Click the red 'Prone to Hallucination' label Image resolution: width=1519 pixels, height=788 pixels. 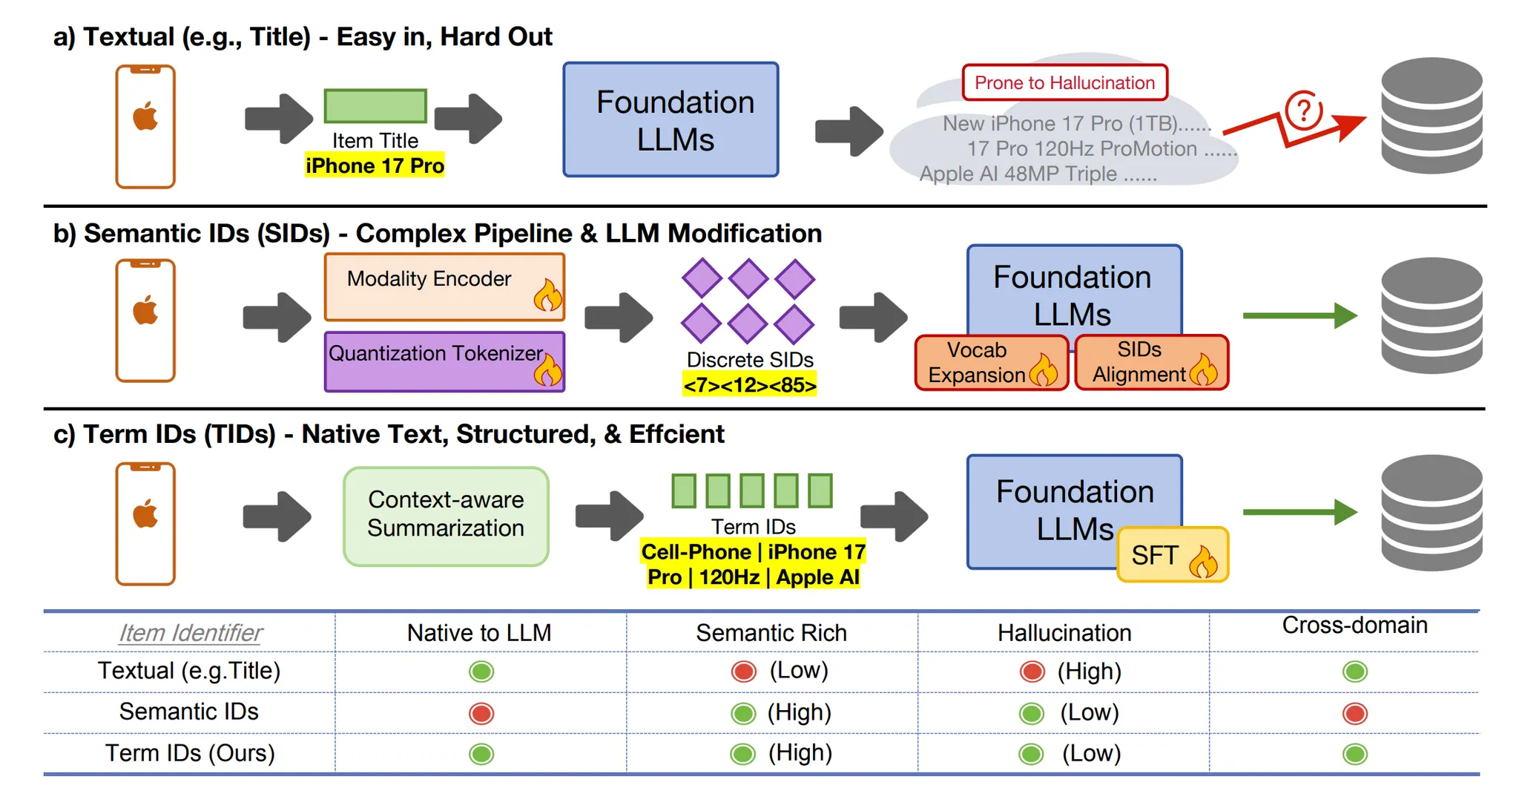1064,82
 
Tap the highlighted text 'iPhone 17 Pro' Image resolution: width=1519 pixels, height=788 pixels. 375,165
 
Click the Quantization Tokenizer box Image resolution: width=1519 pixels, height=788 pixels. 444,361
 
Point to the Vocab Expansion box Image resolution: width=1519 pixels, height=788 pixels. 991,363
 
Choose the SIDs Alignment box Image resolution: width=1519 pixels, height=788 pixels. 1151,362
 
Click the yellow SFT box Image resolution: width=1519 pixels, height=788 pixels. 1172,555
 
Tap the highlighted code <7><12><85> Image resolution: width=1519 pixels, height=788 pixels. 749,385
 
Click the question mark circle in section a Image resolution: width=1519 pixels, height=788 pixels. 1303,111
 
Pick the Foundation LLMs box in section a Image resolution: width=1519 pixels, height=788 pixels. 670,119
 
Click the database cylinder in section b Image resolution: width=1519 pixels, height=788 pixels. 1431,315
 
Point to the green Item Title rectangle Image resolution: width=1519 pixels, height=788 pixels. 375,106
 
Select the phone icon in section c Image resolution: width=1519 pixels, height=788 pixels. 145,523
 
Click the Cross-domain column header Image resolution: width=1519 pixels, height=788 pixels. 1354,626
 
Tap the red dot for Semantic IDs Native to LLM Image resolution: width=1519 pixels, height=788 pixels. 481,713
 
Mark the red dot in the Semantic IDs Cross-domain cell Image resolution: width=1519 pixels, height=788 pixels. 1354,713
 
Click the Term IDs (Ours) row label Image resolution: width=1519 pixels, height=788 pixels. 190,753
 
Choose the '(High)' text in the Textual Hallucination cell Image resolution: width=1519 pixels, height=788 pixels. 1089,672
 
